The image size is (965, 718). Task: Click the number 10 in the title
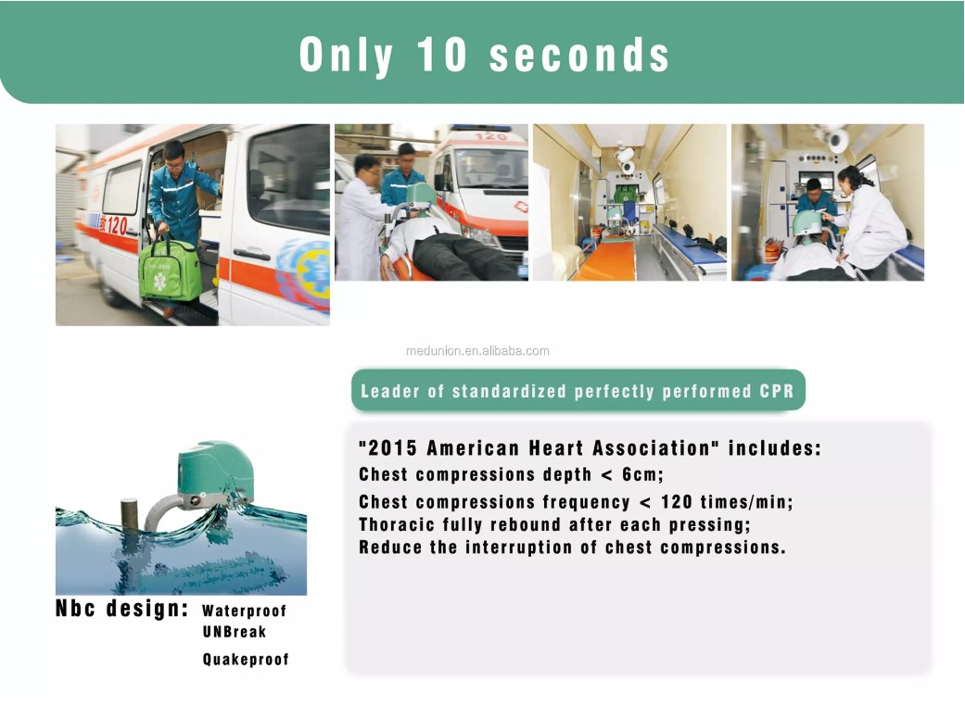(441, 54)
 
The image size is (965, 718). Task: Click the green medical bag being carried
(170, 270)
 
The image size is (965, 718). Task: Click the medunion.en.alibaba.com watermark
(477, 351)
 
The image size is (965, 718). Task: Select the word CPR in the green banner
(777, 391)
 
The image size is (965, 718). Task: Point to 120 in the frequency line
(677, 502)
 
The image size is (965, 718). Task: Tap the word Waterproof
(245, 611)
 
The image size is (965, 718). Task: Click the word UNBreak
(235, 632)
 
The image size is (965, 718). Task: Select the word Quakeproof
(246, 660)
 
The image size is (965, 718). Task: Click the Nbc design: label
(121, 609)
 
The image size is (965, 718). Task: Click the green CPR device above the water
(215, 470)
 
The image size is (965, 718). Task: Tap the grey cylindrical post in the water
(129, 515)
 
